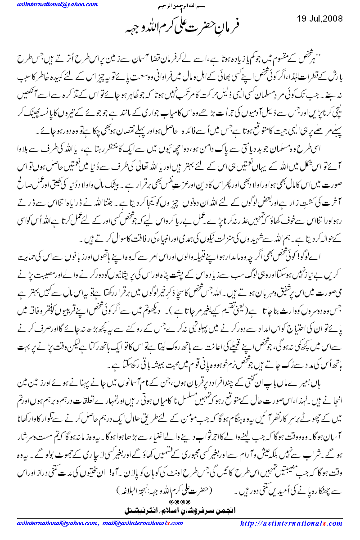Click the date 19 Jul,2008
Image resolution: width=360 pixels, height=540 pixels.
[320, 19]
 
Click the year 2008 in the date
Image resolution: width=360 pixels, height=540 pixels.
[333, 19]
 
